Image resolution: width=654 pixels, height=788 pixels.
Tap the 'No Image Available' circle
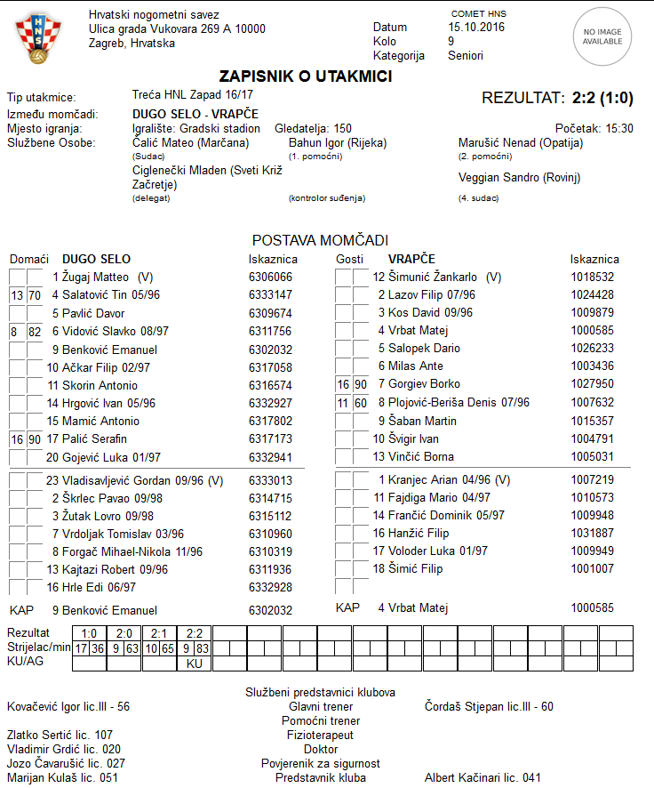click(602, 36)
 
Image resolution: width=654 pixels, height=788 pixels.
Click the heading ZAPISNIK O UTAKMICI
click(306, 77)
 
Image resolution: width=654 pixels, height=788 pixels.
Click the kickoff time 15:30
click(619, 129)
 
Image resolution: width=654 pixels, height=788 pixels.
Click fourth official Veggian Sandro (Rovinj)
click(519, 178)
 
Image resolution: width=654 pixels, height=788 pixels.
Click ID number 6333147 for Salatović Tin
click(270, 294)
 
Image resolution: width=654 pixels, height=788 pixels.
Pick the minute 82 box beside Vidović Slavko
click(35, 331)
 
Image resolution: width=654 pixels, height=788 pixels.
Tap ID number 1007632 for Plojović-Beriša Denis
click(592, 402)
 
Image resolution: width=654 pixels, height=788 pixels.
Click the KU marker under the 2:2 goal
click(195, 663)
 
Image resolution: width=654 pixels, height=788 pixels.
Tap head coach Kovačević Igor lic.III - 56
click(68, 707)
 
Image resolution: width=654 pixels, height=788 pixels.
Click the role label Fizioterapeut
click(320, 736)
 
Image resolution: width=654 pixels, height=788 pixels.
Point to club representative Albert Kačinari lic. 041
click(483, 778)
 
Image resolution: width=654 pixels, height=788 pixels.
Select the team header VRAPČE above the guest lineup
click(412, 259)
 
